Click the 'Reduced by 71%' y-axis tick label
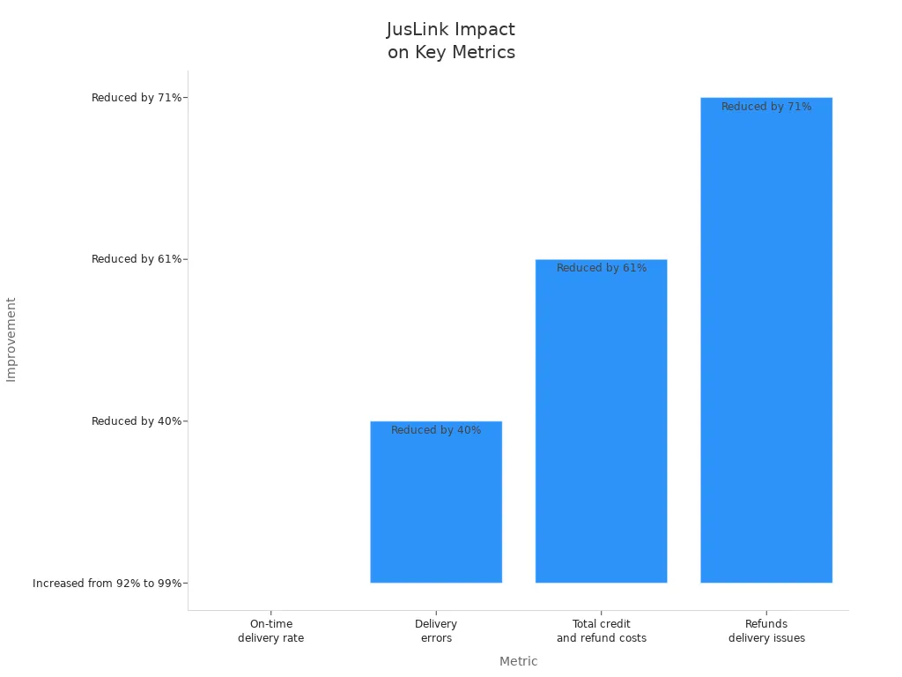point(137,98)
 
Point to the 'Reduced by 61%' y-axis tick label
point(137,259)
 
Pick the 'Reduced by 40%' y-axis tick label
point(137,421)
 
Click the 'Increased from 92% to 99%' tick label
point(107,584)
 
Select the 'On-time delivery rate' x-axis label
point(270,631)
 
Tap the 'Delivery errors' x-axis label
point(436,631)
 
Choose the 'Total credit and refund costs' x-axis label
point(601,631)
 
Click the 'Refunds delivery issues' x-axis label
point(766,631)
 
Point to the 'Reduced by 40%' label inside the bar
point(436,430)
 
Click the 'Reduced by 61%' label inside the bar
point(602,268)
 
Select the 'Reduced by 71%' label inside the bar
point(766,107)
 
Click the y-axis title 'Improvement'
point(11,339)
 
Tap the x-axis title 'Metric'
point(518,661)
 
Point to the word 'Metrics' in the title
point(484,52)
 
